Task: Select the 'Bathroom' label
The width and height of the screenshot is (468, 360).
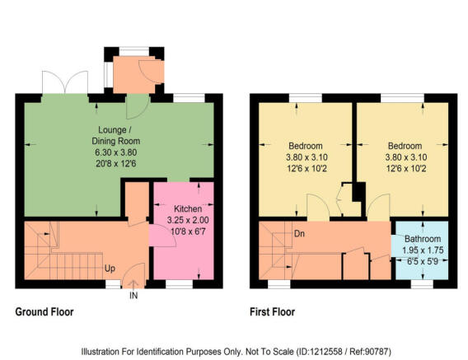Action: pyautogui.click(x=421, y=238)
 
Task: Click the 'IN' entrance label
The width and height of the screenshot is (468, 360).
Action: pyautogui.click(x=133, y=296)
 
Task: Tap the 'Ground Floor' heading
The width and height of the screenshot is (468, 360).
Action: pyautogui.click(x=44, y=312)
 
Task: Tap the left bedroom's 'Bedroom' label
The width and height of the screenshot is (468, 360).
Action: pyautogui.click(x=307, y=146)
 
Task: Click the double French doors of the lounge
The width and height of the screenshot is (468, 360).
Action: pyautogui.click(x=65, y=84)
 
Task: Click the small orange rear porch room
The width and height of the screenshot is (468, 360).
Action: pyautogui.click(x=129, y=75)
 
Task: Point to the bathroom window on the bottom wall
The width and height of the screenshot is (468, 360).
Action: pyautogui.click(x=421, y=284)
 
